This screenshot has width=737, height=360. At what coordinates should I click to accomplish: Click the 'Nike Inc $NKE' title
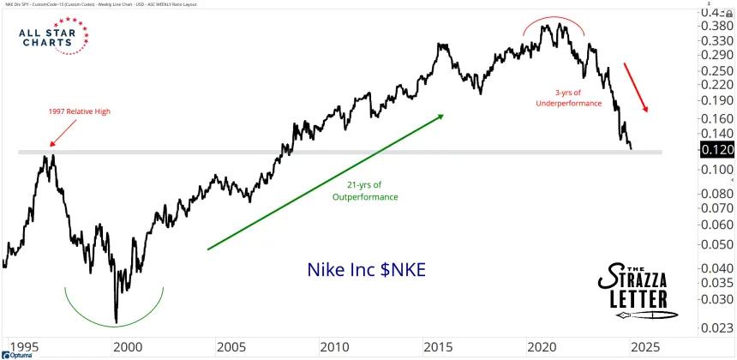366,269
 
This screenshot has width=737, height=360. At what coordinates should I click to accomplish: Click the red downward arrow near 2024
636,88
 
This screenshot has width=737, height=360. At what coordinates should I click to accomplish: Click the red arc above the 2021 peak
554,26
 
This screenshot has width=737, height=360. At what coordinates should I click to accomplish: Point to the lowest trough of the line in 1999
117,321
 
